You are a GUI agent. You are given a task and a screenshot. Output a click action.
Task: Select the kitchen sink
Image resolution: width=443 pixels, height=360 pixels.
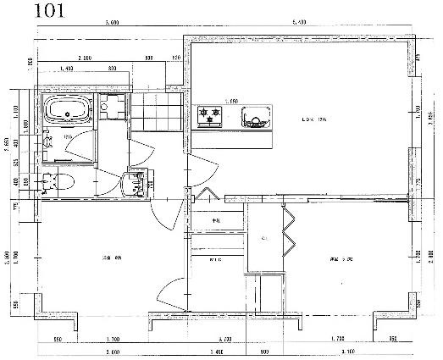coord(254,116)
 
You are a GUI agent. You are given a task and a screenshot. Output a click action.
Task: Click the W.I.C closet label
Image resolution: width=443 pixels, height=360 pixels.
coord(216,260)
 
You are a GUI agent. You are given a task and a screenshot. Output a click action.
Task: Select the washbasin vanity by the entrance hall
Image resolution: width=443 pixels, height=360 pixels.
coord(132,182)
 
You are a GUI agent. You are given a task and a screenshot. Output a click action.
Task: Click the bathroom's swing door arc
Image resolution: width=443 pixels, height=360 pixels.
coord(78,148)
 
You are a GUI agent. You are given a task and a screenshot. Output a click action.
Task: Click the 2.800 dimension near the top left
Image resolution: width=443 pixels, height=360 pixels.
coord(83,58)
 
